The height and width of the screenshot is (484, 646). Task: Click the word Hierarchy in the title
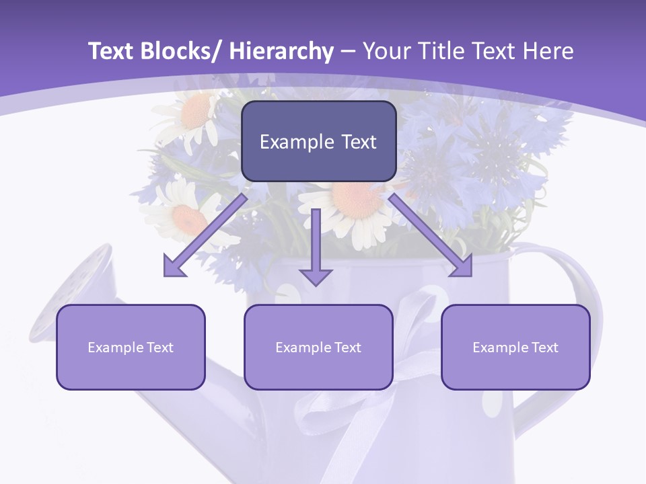tap(281, 51)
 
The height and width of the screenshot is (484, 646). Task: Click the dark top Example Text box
tap(318, 141)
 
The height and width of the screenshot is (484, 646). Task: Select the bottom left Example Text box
tap(131, 347)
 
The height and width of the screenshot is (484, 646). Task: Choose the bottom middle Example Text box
tap(318, 347)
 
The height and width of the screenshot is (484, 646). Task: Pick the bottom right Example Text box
tap(515, 347)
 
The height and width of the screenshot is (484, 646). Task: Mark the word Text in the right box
tap(544, 348)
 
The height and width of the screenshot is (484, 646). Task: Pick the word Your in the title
tap(386, 51)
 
